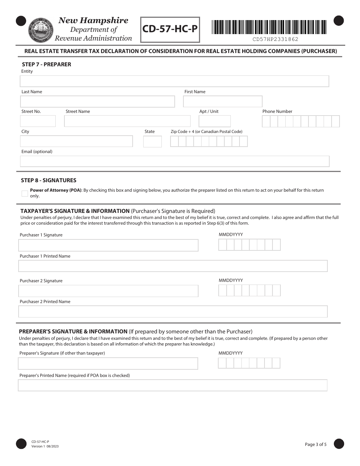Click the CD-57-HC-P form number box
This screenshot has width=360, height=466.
pyautogui.click(x=170, y=30)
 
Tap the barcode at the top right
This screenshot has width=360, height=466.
pyautogui.click(x=269, y=27)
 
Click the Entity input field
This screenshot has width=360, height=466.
pyautogui.click(x=174, y=81)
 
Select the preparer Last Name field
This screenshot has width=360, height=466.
pyautogui.click(x=97, y=102)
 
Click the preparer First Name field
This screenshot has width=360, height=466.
pyautogui.click(x=222, y=102)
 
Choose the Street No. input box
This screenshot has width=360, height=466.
pyautogui.click(x=38, y=121)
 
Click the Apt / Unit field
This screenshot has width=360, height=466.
pyautogui.click(x=214, y=121)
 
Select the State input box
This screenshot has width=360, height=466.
pyautogui.click(x=152, y=142)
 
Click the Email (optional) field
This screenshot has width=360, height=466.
pyautogui.click(x=174, y=161)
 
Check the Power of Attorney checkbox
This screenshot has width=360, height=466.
pyautogui.click(x=25, y=193)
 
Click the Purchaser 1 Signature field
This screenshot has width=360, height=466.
pyautogui.click(x=108, y=246)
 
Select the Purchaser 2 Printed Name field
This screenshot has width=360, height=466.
pyautogui.click(x=173, y=312)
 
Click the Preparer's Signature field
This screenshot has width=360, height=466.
pyautogui.click(x=108, y=364)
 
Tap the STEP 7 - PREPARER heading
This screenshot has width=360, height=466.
pyautogui.click(x=46, y=64)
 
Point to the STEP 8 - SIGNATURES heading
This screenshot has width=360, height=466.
pyautogui.click(x=49, y=180)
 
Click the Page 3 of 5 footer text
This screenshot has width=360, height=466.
pyautogui.click(x=315, y=444)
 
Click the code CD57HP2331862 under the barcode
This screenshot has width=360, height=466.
pyautogui.click(x=275, y=39)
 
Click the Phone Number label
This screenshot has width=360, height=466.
pyautogui.click(x=277, y=111)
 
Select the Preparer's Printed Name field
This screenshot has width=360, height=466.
pyautogui.click(x=172, y=386)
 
